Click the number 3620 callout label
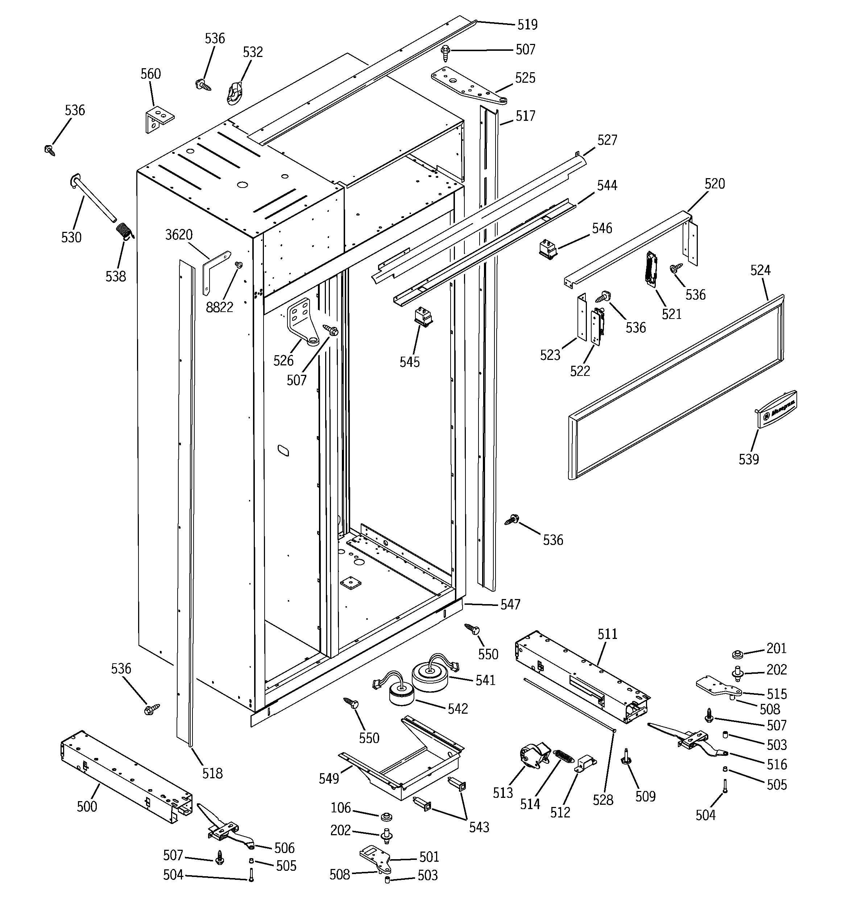[179, 235]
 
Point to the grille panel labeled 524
[677, 389]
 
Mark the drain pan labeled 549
[402, 759]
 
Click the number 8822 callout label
[219, 307]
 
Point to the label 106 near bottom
[340, 808]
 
